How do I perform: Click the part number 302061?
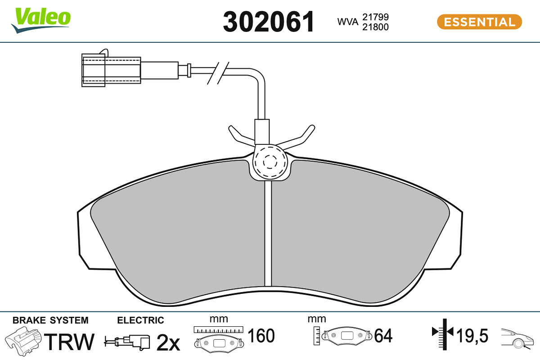click(x=269, y=22)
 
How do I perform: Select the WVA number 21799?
click(x=375, y=17)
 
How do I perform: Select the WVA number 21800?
click(x=375, y=27)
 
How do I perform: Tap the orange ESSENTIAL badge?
click(x=479, y=22)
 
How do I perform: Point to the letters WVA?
click(x=347, y=22)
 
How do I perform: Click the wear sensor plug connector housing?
click(x=111, y=70)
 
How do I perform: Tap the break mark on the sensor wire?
click(x=218, y=73)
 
